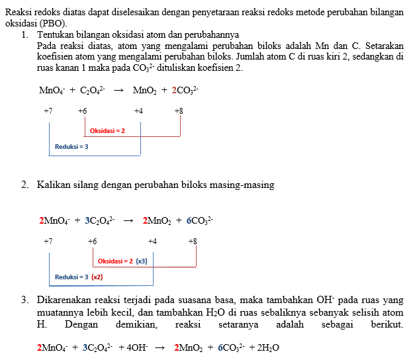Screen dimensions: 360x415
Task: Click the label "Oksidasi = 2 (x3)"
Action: tap(122, 261)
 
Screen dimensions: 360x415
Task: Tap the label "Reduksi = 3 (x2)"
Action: tap(79, 277)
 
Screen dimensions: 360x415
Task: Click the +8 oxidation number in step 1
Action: tap(179, 111)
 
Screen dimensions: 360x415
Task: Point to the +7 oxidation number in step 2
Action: tap(48, 242)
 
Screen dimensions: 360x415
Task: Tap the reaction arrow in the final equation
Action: tap(159, 347)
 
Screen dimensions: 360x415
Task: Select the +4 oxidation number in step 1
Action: tap(138, 111)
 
